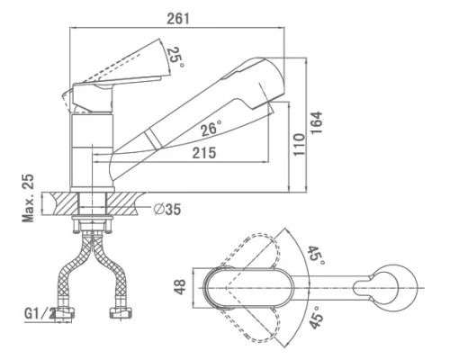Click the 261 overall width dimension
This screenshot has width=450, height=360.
click(x=178, y=19)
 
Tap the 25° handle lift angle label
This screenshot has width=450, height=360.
click(x=175, y=58)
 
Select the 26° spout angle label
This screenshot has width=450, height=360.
click(x=211, y=129)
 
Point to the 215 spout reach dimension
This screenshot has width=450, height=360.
click(x=204, y=152)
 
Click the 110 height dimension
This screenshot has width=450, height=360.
click(x=299, y=144)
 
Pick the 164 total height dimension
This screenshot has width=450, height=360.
click(x=316, y=123)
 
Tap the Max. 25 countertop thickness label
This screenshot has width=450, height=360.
click(x=28, y=198)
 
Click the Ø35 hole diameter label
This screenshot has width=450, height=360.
click(x=167, y=209)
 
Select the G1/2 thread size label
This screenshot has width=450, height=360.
click(x=40, y=314)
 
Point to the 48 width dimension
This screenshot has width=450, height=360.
click(x=180, y=287)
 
